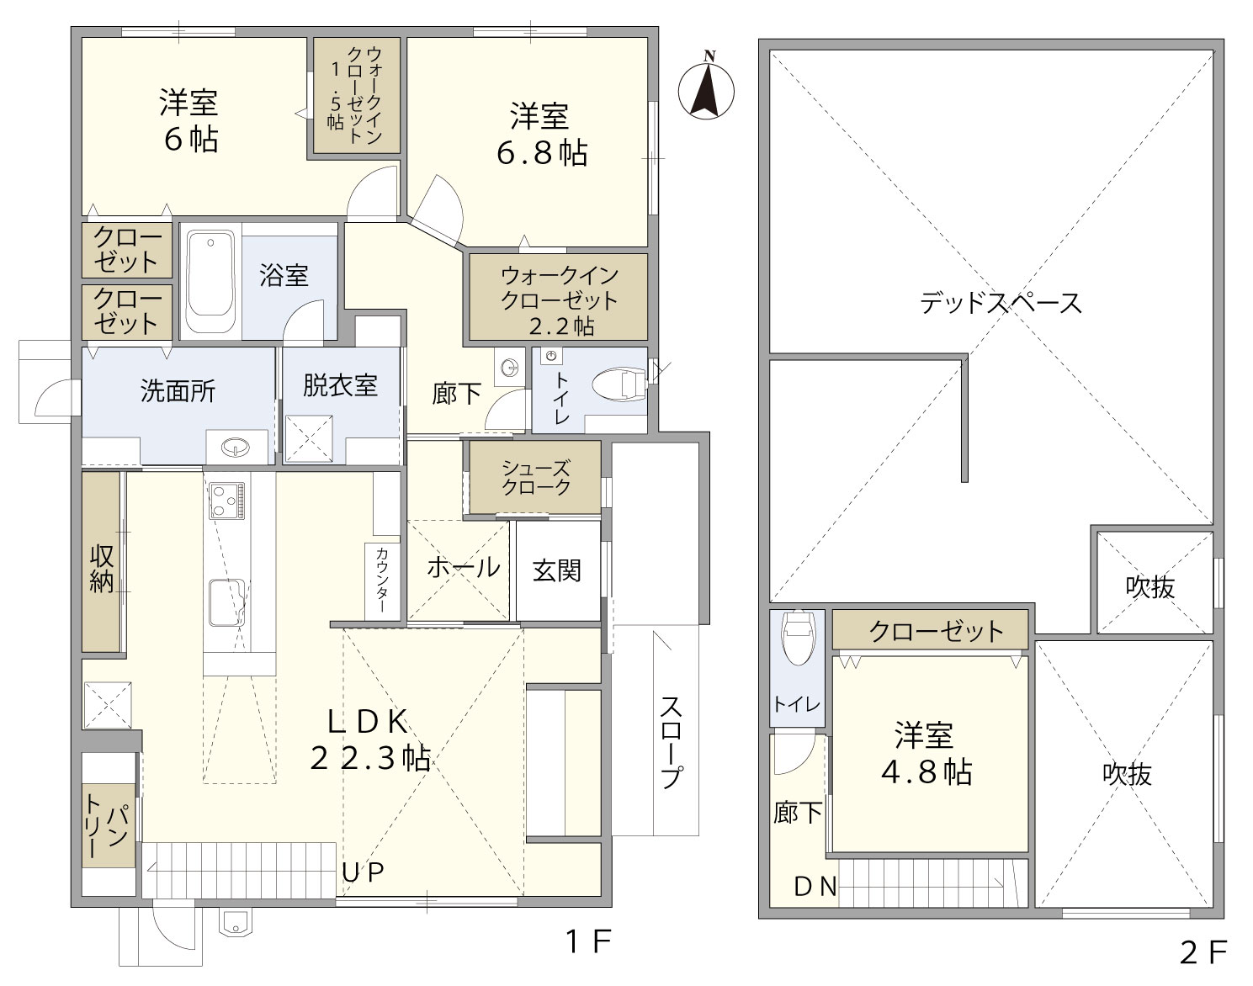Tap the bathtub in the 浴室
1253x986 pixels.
210,280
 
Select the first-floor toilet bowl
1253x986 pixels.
619,384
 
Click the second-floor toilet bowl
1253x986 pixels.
798,637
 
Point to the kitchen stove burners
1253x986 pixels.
227,501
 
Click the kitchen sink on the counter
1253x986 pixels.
226,602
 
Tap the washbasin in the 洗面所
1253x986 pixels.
236,447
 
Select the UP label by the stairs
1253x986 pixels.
362,872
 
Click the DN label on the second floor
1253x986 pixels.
815,887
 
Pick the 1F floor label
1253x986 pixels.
589,941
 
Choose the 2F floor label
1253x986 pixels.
1203,952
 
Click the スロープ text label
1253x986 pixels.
671,742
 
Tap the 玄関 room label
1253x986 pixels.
557,570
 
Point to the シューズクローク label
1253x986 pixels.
536,478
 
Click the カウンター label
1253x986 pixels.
381,580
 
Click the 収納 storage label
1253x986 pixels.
101,570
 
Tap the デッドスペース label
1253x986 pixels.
1001,303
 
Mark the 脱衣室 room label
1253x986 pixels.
340,384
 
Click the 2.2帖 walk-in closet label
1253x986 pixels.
561,326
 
